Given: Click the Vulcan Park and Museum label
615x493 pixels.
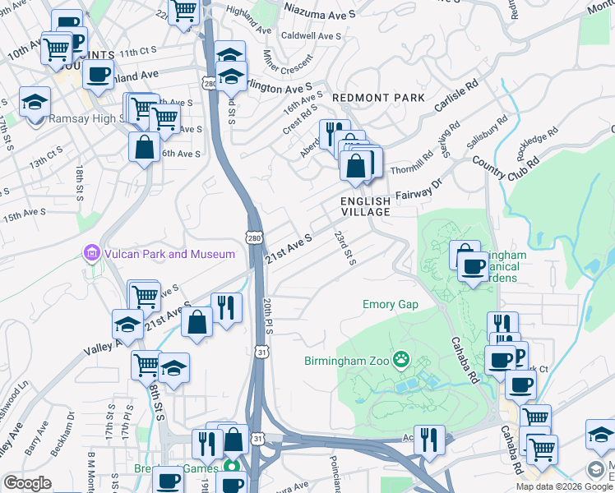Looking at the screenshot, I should click(x=169, y=254).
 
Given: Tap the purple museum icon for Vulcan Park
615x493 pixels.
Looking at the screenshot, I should click(x=92, y=253).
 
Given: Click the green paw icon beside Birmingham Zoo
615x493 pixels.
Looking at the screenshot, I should click(x=400, y=358).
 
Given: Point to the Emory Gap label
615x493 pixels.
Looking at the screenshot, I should click(x=391, y=305).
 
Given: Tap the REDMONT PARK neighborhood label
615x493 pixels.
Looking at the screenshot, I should click(x=378, y=98).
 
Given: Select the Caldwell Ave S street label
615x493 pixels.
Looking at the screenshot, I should click(x=311, y=36).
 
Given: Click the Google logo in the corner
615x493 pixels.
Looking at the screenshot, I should click(x=27, y=483).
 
